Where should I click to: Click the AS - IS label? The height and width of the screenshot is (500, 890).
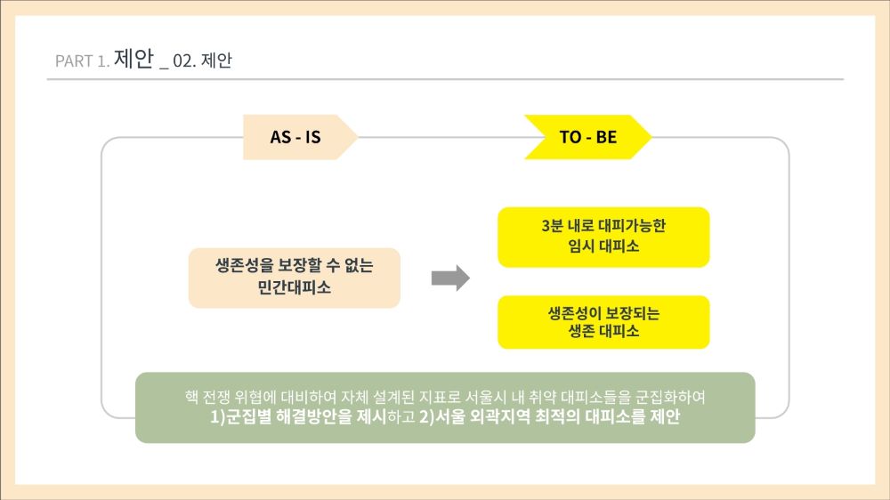[295, 137]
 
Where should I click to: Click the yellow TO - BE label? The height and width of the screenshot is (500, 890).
[588, 137]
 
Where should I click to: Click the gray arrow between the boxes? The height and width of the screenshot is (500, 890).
[450, 278]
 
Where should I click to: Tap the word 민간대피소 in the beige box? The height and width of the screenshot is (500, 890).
[294, 287]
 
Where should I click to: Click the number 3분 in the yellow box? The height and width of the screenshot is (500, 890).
[553, 226]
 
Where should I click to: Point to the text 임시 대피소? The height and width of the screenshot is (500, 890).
[603, 246]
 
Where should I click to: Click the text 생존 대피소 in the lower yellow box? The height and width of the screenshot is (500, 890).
[603, 331]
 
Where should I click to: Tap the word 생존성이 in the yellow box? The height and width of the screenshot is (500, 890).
[570, 313]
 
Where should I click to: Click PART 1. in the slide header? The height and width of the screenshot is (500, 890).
[82, 60]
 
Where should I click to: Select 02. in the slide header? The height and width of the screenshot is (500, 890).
[184, 60]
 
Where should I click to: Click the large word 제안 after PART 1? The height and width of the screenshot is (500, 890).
[134, 58]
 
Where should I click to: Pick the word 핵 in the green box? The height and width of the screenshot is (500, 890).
[191, 397]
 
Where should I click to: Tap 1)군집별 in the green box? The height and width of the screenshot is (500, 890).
[240, 417]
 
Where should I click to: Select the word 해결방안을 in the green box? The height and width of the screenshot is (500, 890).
[314, 417]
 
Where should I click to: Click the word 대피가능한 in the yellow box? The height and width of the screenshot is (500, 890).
[632, 226]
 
